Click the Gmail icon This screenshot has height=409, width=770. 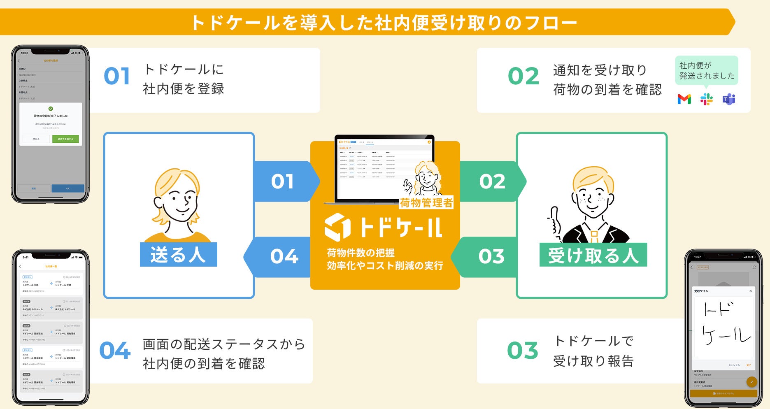(x=684, y=99)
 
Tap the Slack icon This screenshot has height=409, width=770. (x=706, y=99)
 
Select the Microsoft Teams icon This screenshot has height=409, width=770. (x=729, y=99)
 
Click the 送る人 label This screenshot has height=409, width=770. (x=178, y=255)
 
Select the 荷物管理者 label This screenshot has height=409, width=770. (x=426, y=202)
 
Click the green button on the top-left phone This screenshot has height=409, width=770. (x=65, y=139)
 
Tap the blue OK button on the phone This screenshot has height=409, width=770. (x=68, y=188)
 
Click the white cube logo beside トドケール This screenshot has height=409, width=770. (x=337, y=227)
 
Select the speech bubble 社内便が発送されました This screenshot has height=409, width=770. (x=706, y=71)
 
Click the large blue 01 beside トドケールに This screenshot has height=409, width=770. (x=117, y=77)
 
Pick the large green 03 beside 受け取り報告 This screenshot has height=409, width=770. (x=523, y=351)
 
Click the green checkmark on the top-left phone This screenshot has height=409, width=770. (x=51, y=109)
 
